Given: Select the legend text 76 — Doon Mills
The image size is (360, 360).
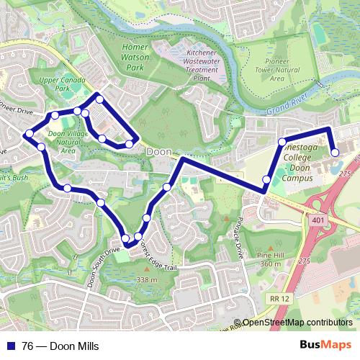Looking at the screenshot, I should (x=60, y=346).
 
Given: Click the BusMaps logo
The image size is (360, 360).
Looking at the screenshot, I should (x=326, y=346).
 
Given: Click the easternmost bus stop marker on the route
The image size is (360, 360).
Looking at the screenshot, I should (x=335, y=152).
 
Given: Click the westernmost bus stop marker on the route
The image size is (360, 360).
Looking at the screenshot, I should (x=29, y=134).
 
